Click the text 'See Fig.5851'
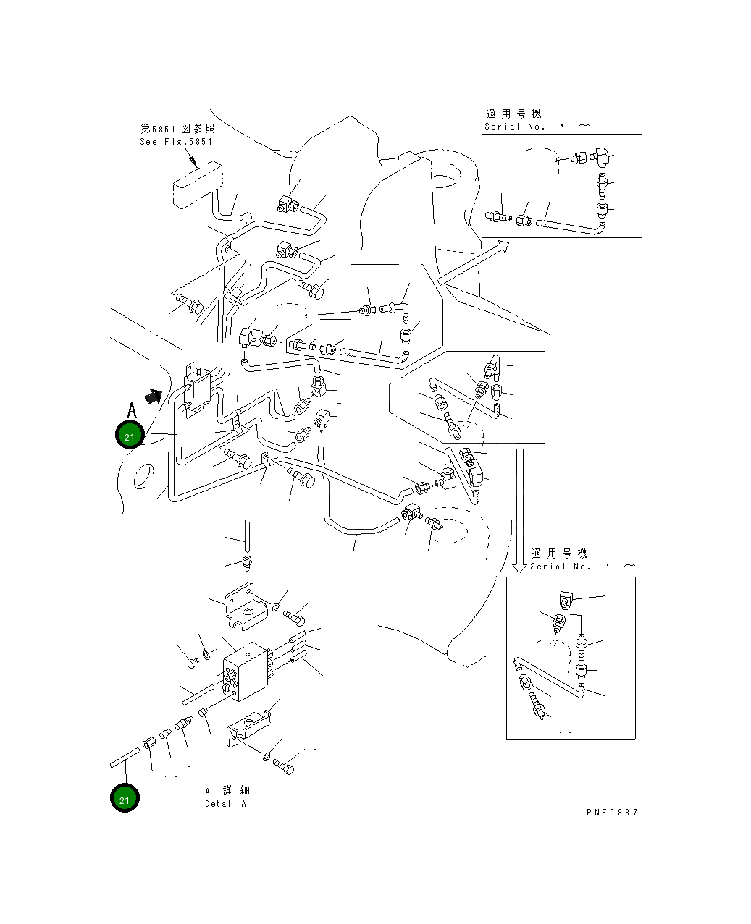(176, 142)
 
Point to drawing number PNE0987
(612, 812)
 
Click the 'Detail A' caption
(225, 804)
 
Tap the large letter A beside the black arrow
(131, 410)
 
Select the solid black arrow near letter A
(153, 396)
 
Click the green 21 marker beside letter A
(130, 436)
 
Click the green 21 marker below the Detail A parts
(125, 799)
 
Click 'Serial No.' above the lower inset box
(561, 567)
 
